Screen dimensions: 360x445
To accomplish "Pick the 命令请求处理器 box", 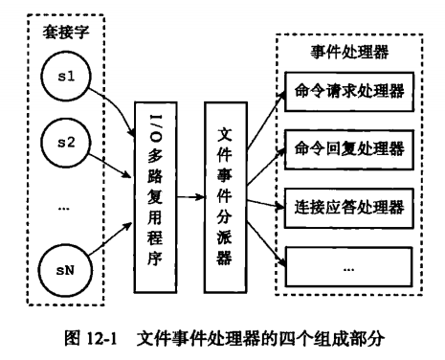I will tap(346, 94).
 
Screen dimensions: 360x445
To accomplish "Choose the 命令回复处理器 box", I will tap(346, 150).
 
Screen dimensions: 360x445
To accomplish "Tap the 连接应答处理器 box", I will tap(346, 207).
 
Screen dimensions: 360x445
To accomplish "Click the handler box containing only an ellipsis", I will tap(346, 264).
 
